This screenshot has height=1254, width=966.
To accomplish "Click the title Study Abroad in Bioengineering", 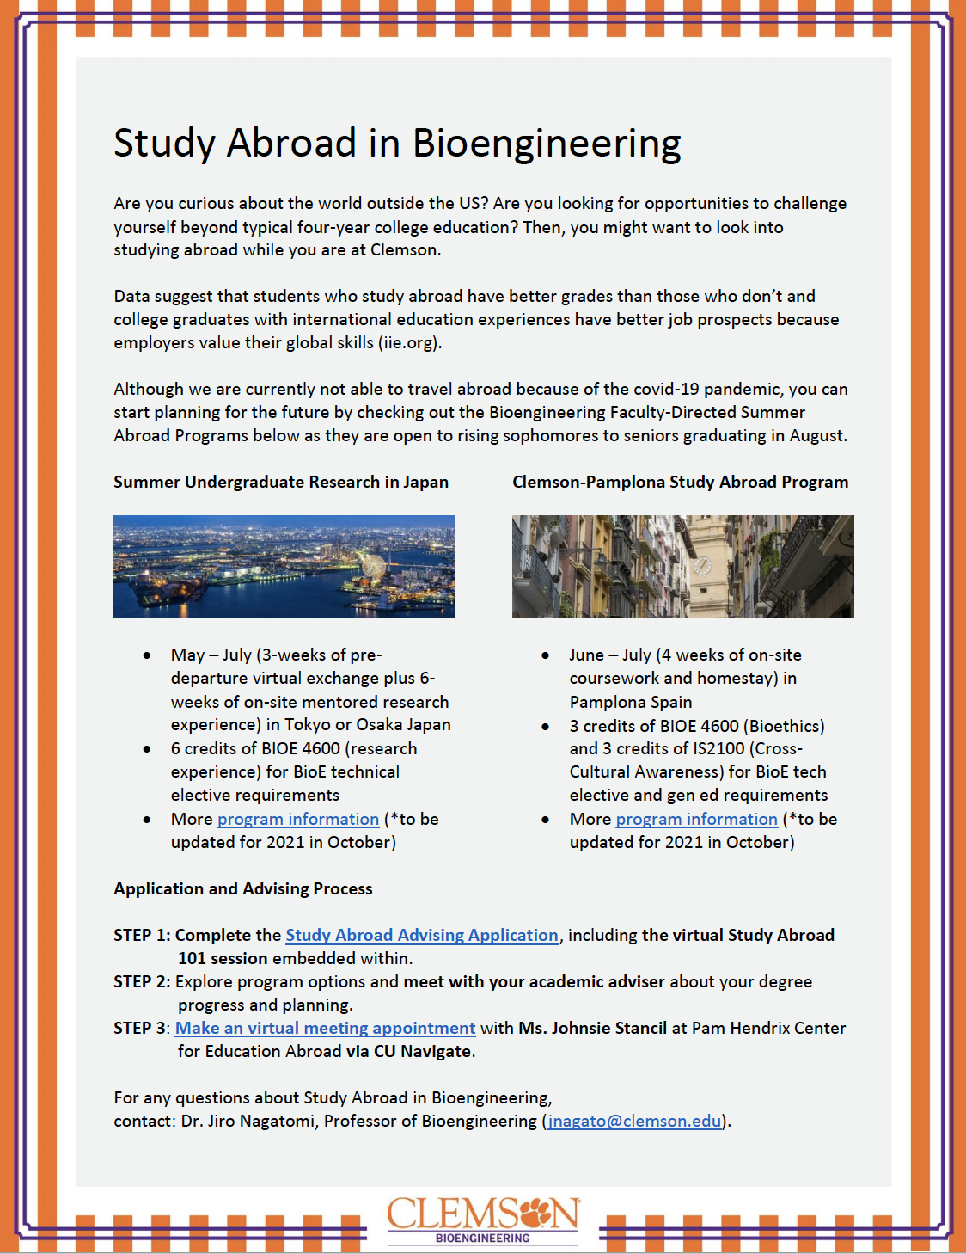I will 397,143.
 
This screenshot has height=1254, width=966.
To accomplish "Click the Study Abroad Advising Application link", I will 421,935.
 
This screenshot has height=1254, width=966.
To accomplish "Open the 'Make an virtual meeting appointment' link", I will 325,1028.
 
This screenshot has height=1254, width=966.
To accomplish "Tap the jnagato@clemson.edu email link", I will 634,1121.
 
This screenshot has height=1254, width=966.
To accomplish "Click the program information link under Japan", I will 297,819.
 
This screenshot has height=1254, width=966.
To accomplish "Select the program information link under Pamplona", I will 696,819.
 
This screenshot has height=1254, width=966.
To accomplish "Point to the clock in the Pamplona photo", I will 702,565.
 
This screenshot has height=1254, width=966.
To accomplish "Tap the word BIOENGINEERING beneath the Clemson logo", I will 482,1239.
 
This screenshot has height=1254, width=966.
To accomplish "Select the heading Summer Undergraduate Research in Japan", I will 281,482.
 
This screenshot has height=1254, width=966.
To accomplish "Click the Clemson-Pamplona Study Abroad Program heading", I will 680,482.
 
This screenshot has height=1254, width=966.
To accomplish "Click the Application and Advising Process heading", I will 243,888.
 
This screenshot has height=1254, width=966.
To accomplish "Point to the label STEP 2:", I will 142,981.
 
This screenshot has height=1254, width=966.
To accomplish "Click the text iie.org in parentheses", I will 409,342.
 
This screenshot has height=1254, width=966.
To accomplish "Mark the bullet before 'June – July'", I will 545,655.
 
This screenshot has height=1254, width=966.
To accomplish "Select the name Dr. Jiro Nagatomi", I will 248,1121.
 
